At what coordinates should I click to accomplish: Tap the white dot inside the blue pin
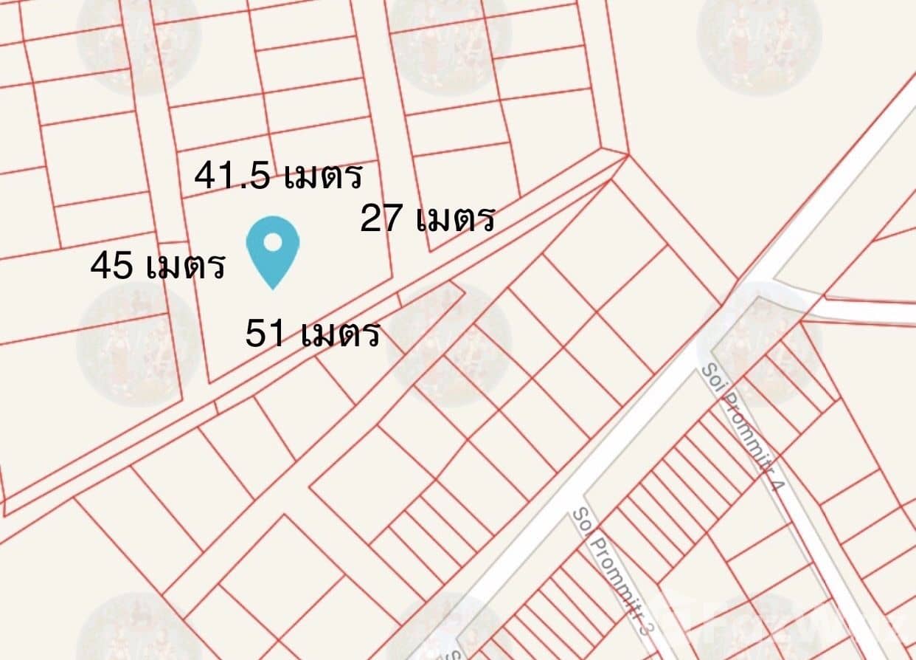(x=272, y=241)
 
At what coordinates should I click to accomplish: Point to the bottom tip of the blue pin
(x=272, y=288)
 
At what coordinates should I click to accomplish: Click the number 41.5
(x=232, y=176)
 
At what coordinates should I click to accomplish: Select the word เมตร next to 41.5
(x=323, y=176)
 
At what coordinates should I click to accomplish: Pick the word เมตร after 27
(x=454, y=219)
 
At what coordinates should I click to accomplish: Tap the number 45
(x=112, y=266)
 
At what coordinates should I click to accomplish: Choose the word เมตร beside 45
(x=185, y=266)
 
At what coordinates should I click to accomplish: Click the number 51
(x=267, y=334)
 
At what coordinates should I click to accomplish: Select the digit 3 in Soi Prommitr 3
(x=646, y=630)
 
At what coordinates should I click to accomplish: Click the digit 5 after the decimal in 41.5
(x=260, y=177)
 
